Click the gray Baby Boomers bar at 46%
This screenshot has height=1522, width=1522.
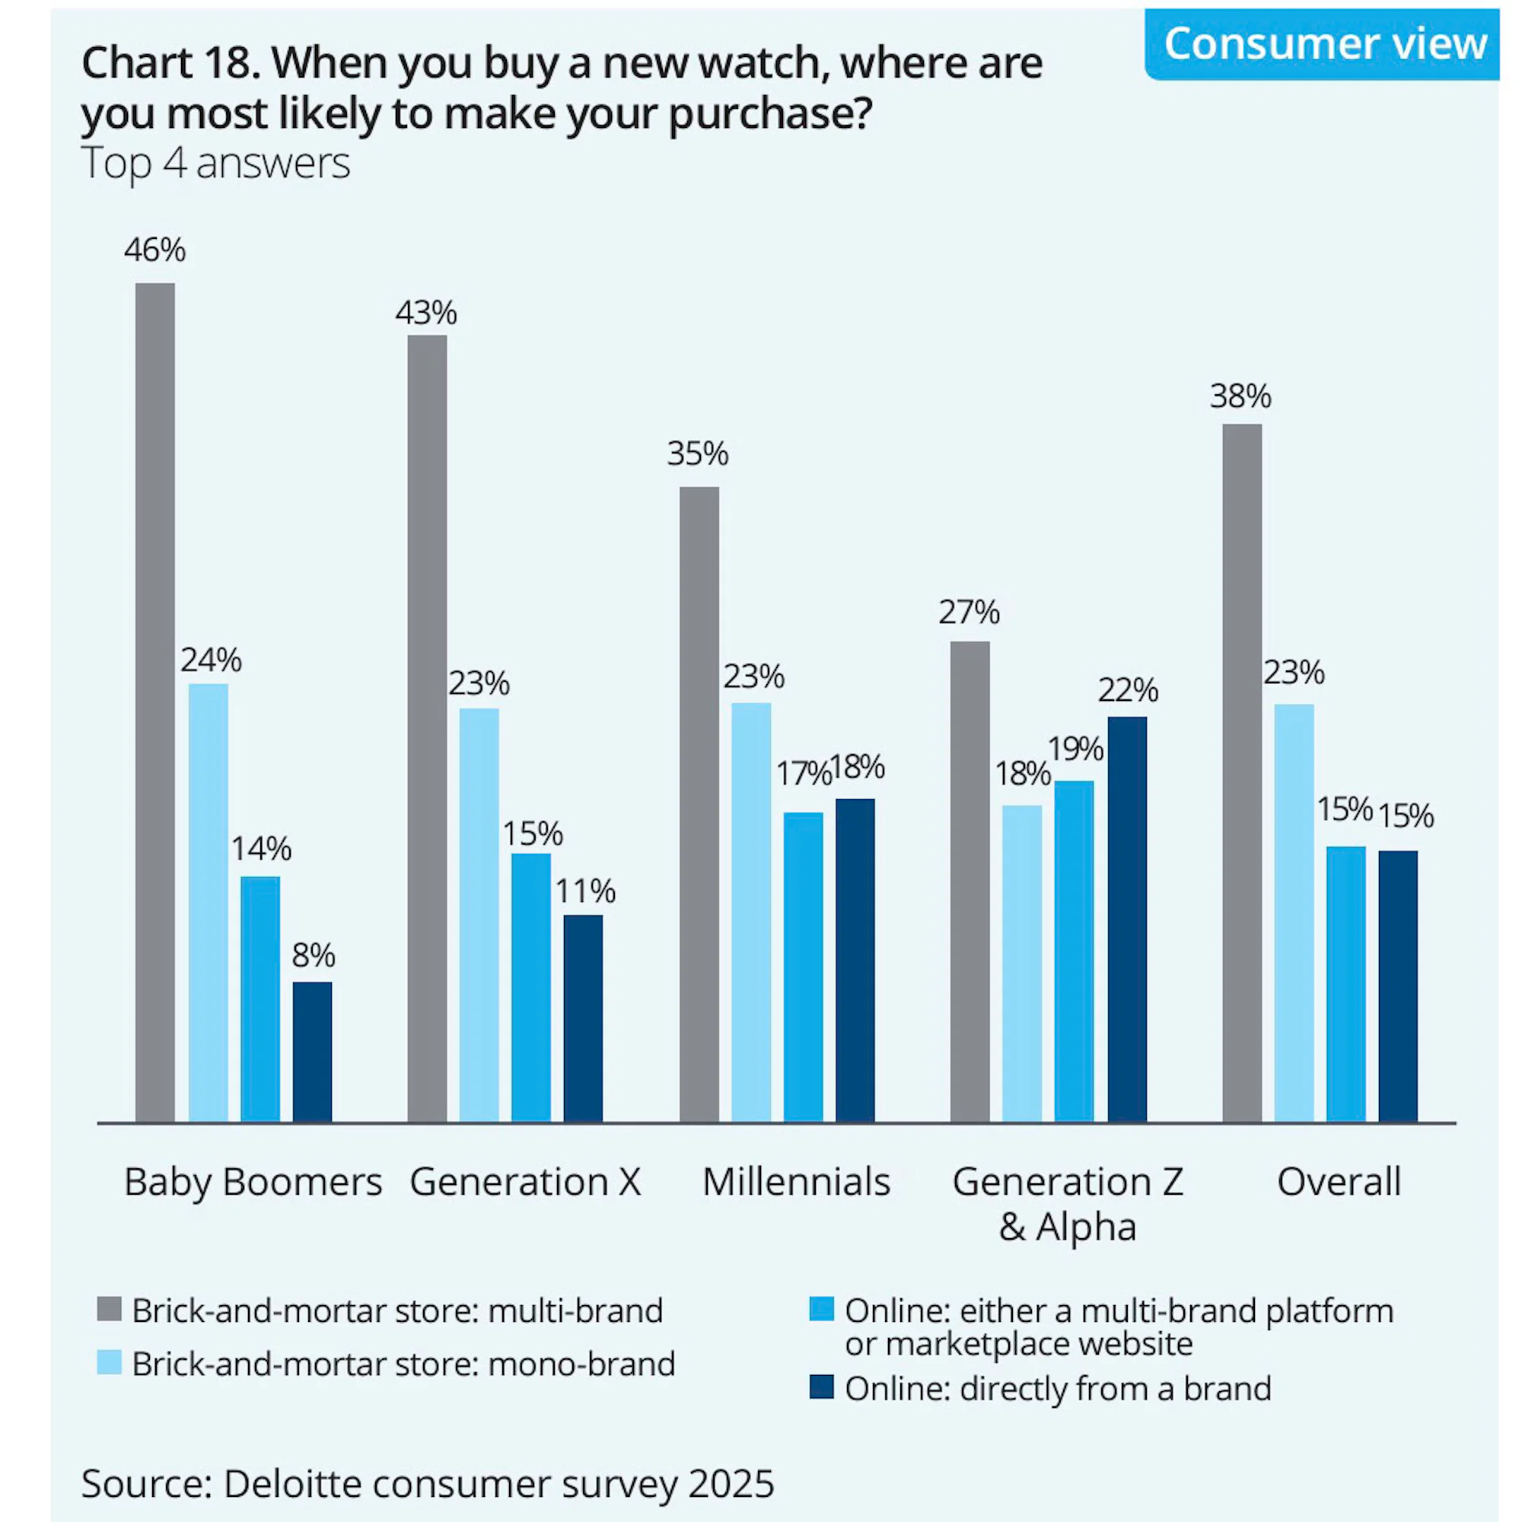[155, 701]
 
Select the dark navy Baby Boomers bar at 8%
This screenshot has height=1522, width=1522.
[312, 1051]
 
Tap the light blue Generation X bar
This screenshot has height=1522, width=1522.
[479, 914]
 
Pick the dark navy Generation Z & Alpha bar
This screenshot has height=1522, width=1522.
[1126, 919]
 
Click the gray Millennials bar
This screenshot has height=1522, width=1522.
[699, 804]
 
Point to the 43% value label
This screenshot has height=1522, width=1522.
[426, 314]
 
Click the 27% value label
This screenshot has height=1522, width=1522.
[969, 612]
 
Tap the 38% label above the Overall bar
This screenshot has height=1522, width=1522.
[1240, 396]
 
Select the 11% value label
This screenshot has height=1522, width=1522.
[585, 891]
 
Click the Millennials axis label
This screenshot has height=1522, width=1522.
[796, 1182]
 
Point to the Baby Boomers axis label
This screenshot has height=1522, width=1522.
[253, 1182]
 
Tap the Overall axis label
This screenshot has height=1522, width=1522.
[1339, 1182]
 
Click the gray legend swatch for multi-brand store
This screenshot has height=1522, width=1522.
[110, 1309]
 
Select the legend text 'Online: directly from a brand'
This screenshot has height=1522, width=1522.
[1058, 1388]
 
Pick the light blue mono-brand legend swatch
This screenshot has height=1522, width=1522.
[110, 1363]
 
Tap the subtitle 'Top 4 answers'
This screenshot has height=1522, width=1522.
[216, 164]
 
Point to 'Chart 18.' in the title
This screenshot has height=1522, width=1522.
[170, 63]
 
